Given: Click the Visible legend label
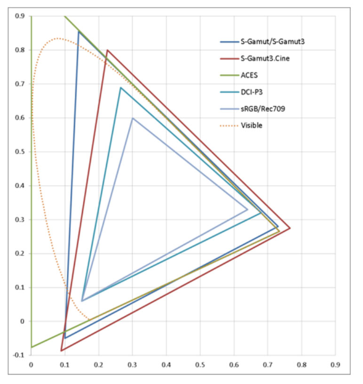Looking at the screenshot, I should click(251, 125).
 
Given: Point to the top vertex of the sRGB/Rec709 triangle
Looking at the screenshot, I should click(133, 118).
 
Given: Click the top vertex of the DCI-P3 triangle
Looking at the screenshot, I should click(121, 87).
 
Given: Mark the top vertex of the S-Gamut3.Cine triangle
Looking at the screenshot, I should click(107, 50).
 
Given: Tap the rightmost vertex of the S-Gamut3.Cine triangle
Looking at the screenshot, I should click(290, 228).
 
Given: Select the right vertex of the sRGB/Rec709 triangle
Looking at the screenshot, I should click(247, 210).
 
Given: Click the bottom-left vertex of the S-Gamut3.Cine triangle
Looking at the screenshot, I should click(61, 351).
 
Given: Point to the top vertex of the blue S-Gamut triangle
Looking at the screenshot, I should click(79, 31).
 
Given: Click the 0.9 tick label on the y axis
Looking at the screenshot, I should click(20, 16).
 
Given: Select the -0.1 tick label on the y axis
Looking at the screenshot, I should click(19, 355).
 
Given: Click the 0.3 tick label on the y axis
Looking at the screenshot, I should click(20, 219).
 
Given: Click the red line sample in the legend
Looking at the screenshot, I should click(228, 58).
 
